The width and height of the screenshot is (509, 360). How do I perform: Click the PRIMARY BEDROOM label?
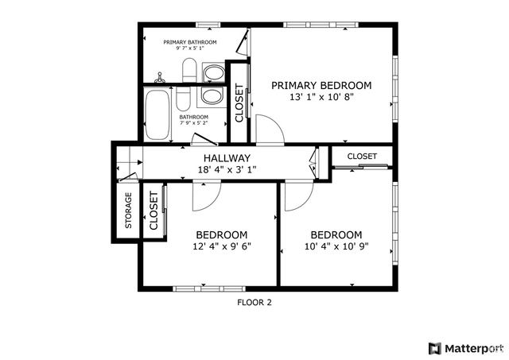(321, 85)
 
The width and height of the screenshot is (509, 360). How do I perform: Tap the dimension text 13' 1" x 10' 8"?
(321, 97)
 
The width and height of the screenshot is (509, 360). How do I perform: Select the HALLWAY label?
(227, 158)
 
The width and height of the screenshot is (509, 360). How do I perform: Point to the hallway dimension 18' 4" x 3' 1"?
(227, 170)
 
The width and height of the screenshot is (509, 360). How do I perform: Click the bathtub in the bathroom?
(157, 114)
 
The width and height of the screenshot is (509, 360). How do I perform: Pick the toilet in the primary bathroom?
(188, 72)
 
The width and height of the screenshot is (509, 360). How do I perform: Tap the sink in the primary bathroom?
(213, 74)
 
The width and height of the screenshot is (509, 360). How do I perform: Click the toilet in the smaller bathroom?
(182, 99)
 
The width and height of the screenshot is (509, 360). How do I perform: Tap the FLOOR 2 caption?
(254, 302)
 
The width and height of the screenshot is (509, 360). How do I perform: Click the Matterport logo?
(465, 348)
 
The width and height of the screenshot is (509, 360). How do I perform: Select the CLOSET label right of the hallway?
(362, 157)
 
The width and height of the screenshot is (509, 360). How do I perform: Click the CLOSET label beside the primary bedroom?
(239, 103)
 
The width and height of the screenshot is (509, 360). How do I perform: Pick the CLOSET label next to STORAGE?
(153, 211)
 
